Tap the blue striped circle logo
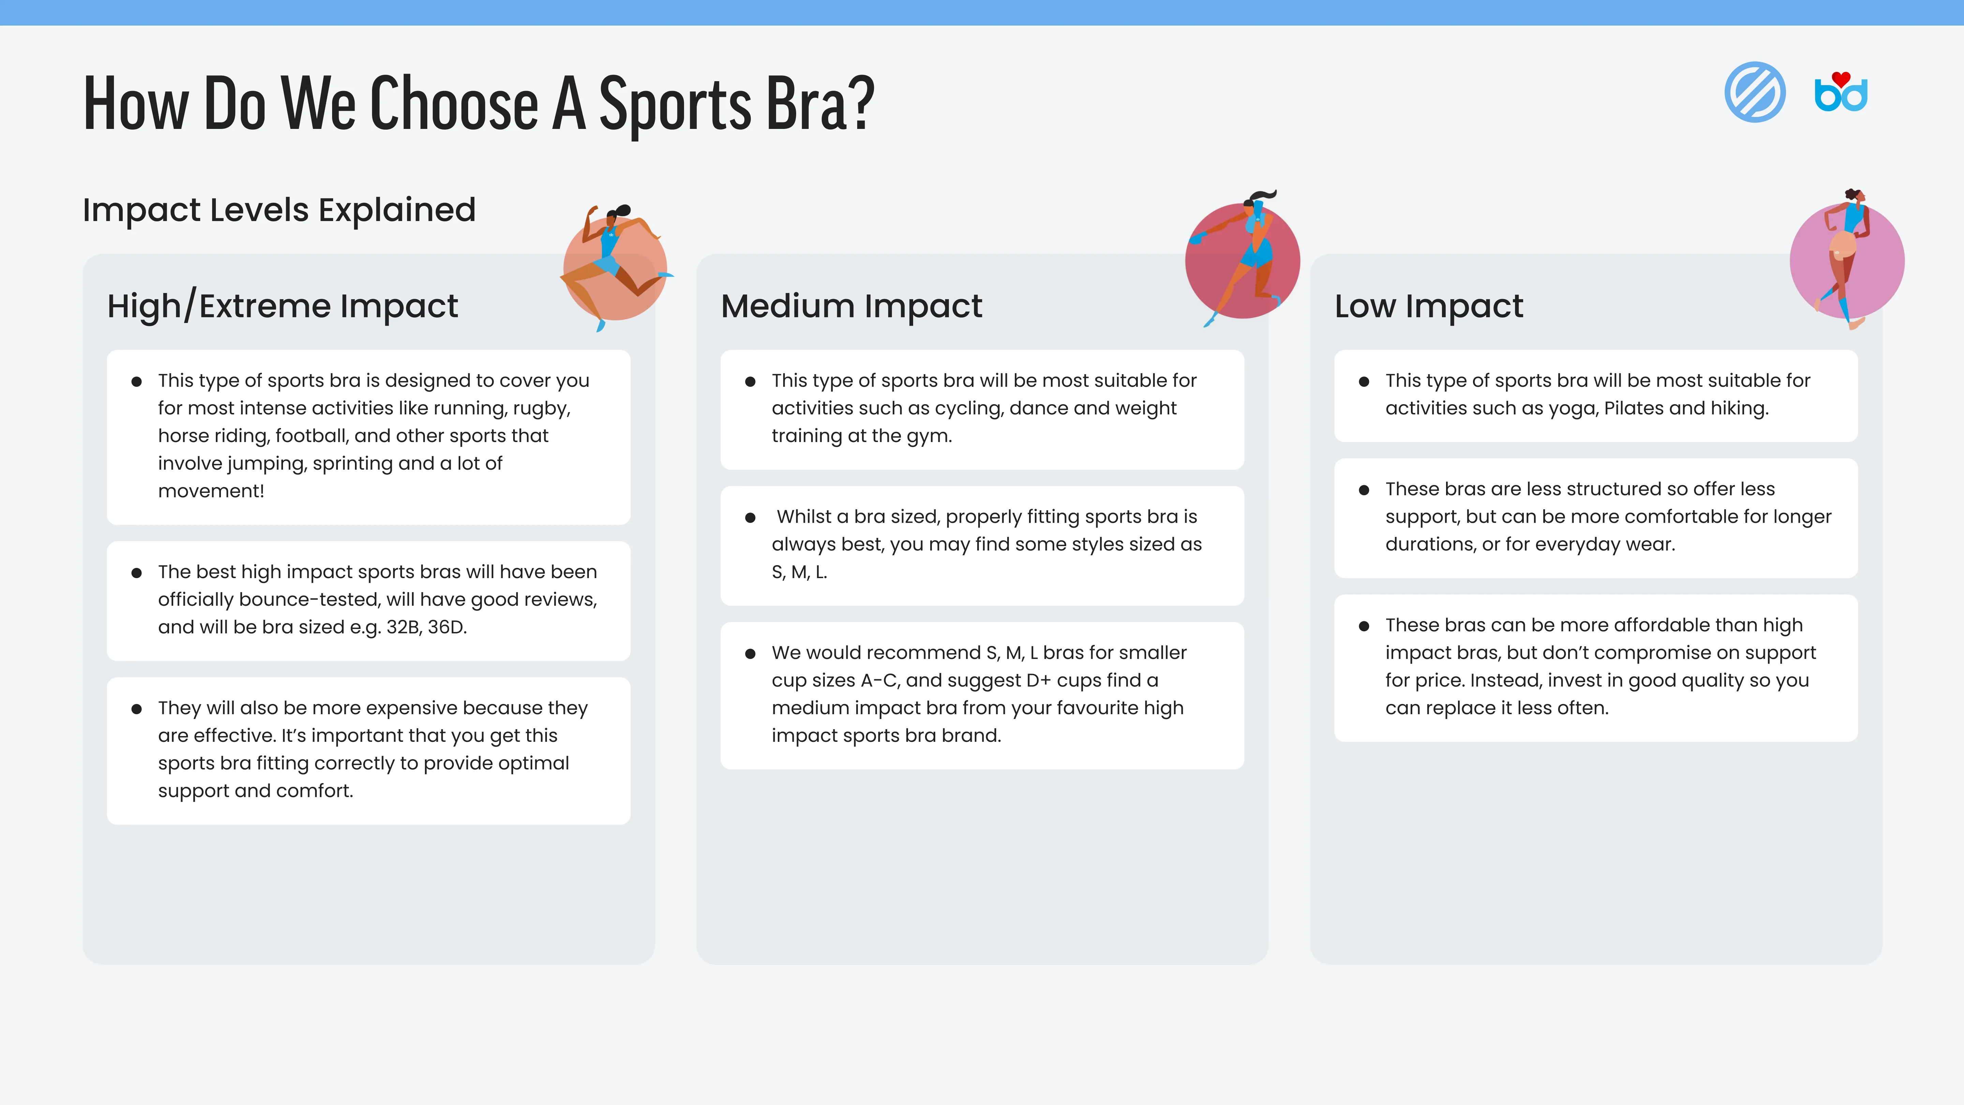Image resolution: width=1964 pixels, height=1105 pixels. point(1755,92)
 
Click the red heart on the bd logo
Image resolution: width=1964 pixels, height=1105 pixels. point(1841,78)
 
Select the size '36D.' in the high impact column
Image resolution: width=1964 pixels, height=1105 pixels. point(447,627)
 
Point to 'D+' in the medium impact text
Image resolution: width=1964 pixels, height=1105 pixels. point(1038,680)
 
